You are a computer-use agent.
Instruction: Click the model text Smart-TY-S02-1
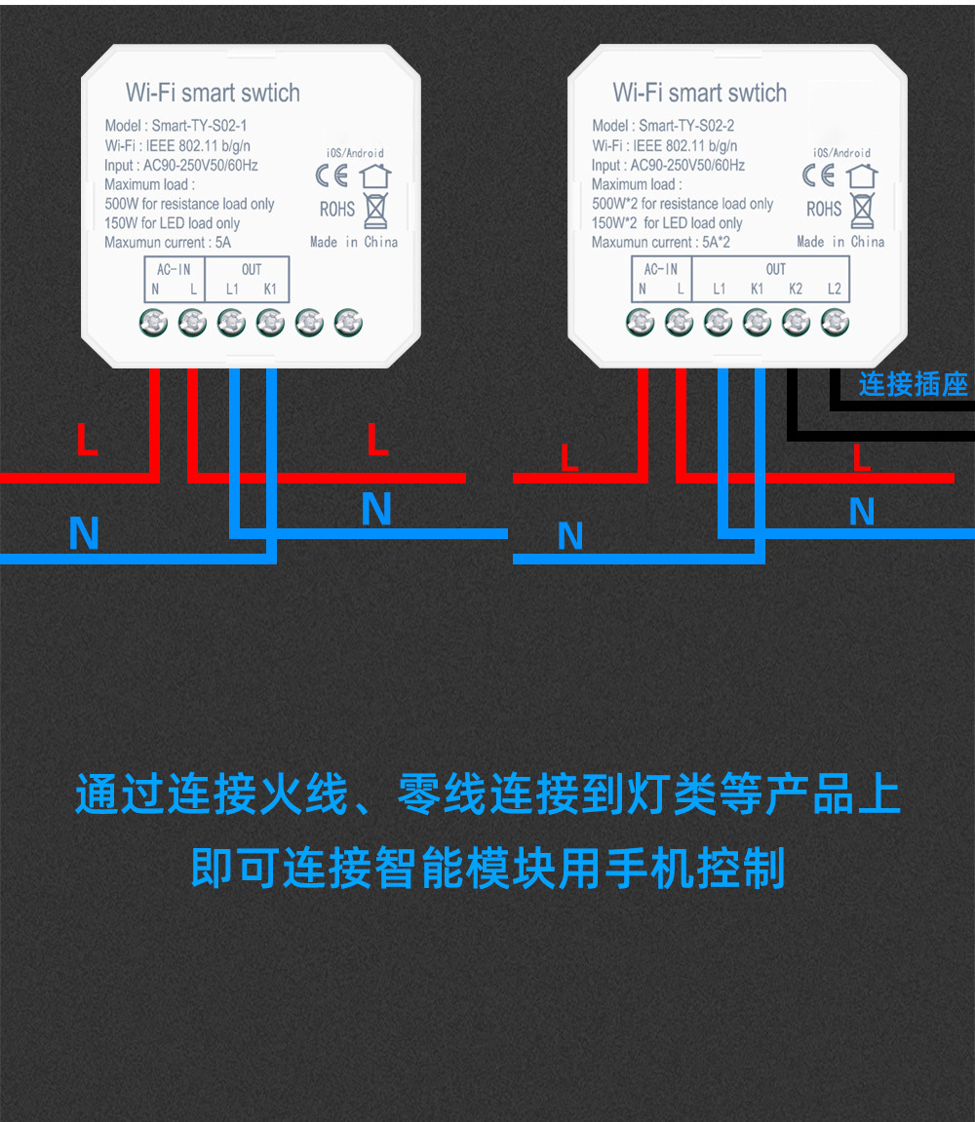200,126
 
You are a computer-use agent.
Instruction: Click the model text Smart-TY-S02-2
686,126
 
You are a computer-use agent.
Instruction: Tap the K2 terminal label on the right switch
796,289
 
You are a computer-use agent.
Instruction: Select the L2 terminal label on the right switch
834,289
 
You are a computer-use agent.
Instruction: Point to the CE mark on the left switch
331,176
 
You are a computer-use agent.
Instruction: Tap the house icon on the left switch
375,176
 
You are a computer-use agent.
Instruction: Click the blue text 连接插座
913,384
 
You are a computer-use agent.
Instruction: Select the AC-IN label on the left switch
174,269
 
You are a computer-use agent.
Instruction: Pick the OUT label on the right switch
776,269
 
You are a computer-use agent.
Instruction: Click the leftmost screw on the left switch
153,321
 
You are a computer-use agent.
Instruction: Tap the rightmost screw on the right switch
835,321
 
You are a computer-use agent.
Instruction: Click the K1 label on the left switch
270,289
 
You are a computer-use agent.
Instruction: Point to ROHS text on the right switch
824,210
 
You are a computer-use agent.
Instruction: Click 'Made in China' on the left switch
354,242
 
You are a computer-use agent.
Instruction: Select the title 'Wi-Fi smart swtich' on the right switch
699,94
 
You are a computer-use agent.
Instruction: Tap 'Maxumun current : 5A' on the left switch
168,243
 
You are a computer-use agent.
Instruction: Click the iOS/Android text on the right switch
841,153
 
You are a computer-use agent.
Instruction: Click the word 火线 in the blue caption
302,795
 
